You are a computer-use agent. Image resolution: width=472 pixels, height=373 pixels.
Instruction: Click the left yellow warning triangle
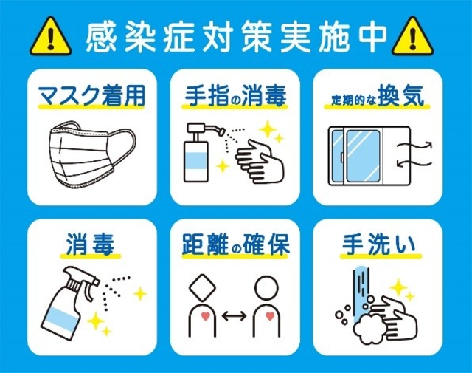click(x=51, y=38)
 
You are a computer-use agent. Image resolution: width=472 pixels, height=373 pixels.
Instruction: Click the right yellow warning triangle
click(x=413, y=38)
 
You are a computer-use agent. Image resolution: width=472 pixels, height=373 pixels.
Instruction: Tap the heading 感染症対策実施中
click(x=236, y=36)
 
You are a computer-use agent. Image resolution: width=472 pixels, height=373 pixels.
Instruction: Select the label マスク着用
click(x=92, y=96)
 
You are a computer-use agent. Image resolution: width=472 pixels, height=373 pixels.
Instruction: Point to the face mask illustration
click(x=92, y=155)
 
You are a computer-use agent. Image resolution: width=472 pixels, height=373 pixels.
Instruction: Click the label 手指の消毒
click(x=235, y=96)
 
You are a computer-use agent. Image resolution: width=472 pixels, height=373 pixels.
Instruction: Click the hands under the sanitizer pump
click(x=260, y=162)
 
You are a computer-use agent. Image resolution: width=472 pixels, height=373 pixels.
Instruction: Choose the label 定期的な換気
click(x=378, y=97)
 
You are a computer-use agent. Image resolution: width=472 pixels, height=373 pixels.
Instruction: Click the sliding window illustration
click(x=369, y=156)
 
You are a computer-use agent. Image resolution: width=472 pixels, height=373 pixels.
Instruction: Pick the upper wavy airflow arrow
click(x=414, y=146)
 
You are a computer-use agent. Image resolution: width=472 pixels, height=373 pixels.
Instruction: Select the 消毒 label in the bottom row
click(x=90, y=244)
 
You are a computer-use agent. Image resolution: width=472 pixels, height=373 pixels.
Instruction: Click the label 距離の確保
click(x=236, y=244)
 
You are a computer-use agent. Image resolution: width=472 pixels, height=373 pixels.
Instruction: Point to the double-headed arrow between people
click(x=235, y=315)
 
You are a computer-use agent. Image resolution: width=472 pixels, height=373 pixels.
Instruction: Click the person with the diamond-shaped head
click(x=202, y=305)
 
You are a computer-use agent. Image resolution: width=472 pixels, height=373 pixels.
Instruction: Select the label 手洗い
click(x=378, y=244)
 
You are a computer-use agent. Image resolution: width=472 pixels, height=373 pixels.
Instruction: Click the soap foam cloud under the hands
click(x=369, y=329)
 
